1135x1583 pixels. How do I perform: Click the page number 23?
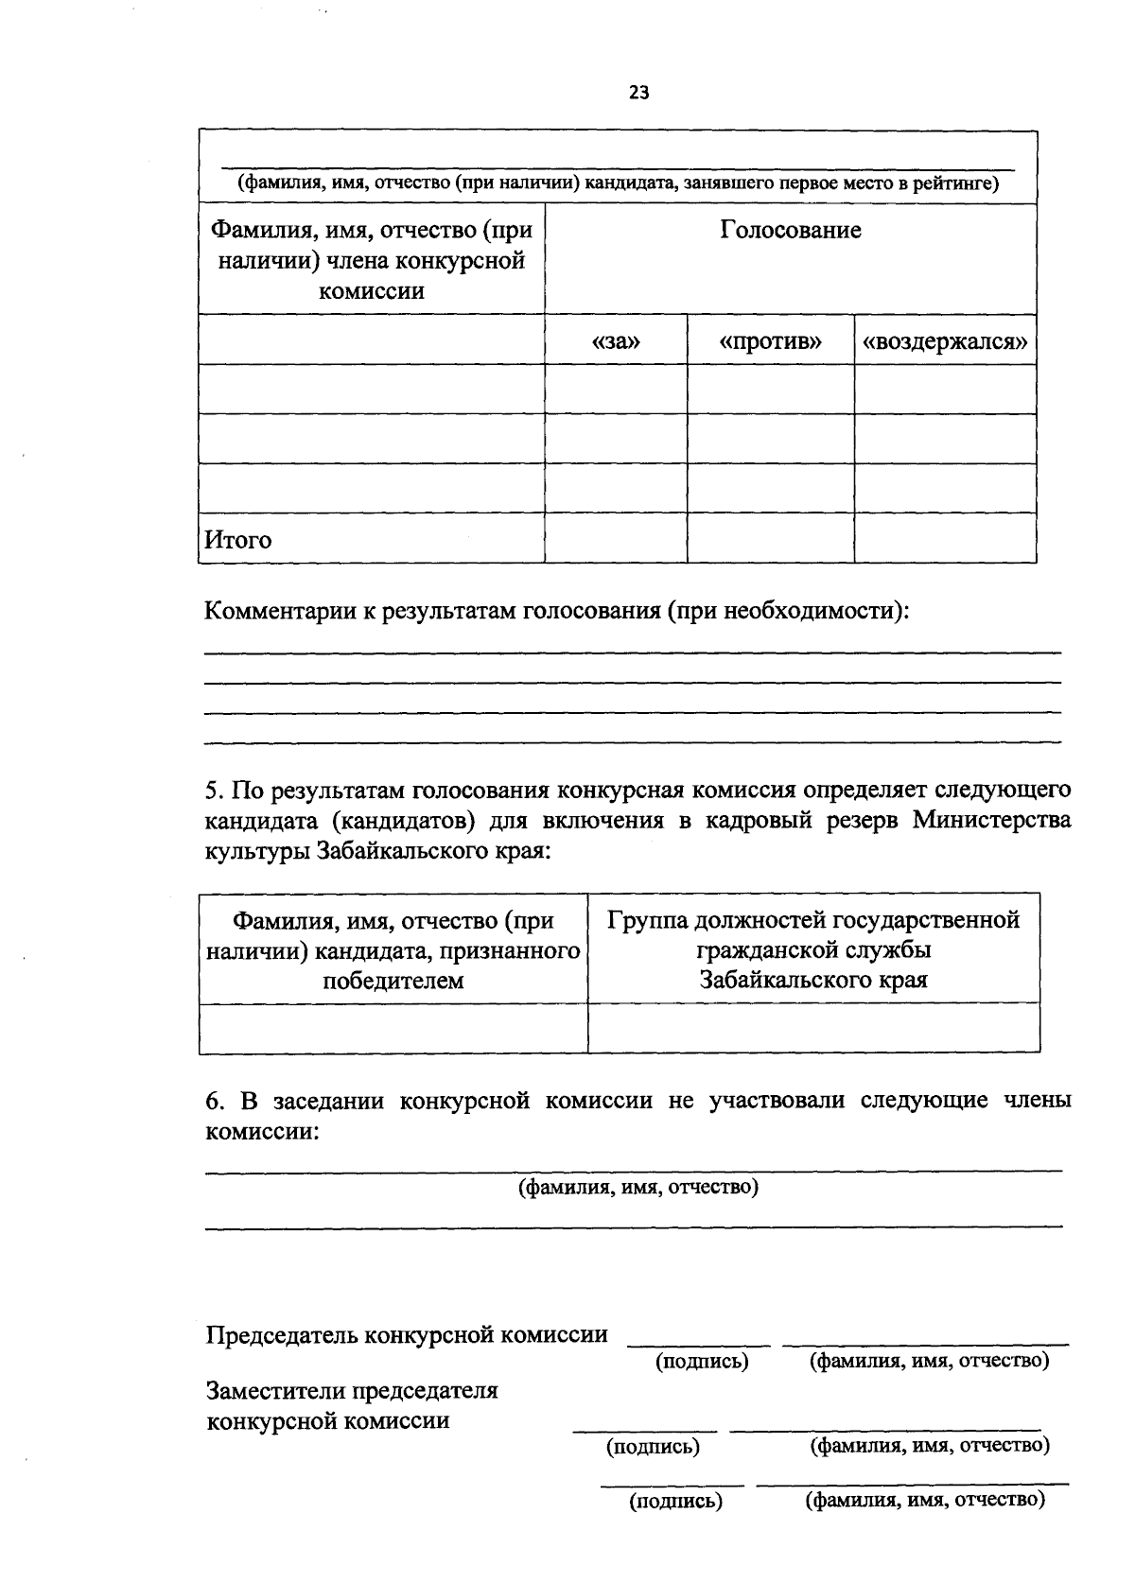point(638,93)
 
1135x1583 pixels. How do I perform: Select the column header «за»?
point(616,340)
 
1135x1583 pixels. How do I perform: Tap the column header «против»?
point(770,340)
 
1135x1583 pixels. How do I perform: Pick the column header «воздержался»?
point(945,340)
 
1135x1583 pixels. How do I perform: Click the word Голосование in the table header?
point(791,230)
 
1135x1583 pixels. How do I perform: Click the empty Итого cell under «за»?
point(616,537)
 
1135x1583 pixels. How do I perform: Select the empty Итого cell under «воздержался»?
point(945,537)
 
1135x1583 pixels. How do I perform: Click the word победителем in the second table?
point(393,980)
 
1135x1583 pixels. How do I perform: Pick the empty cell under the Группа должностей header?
point(813,1028)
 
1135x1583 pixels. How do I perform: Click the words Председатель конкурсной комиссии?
point(407,1334)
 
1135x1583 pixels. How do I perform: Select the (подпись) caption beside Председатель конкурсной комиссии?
point(701,1361)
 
